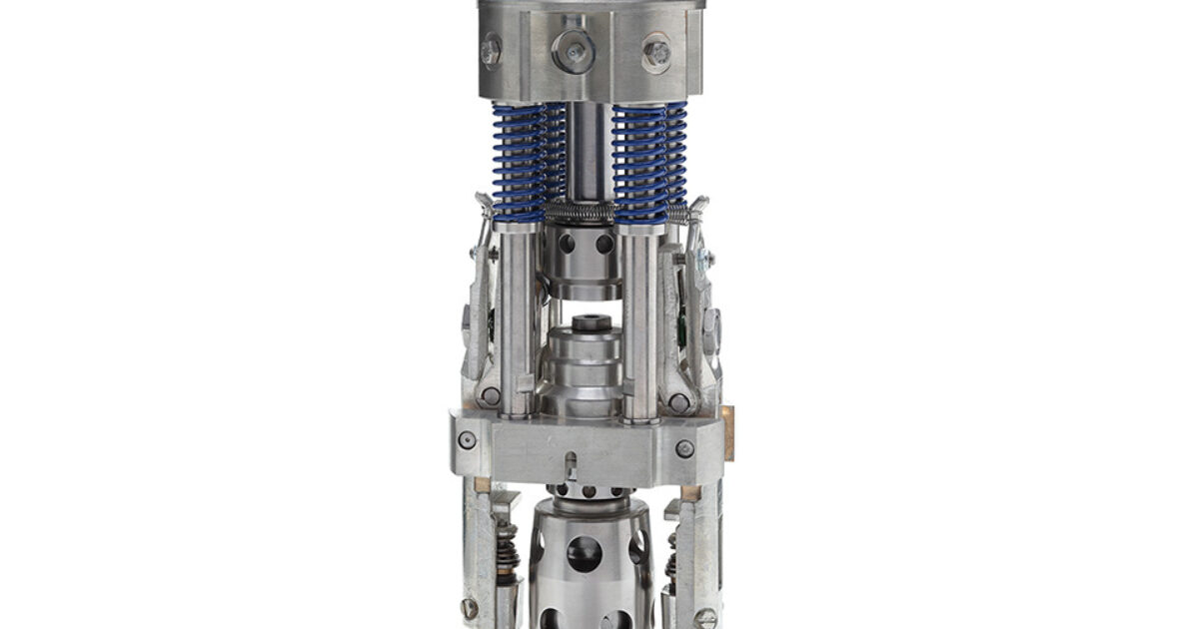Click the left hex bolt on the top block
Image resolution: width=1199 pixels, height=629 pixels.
click(x=491, y=51)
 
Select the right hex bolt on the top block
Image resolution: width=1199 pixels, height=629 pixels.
click(x=656, y=52)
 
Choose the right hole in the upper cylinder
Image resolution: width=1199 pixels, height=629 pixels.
click(x=603, y=243)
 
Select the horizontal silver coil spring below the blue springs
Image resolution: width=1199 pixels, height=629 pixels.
click(x=584, y=212)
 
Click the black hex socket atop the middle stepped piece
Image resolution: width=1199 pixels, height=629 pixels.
click(x=588, y=323)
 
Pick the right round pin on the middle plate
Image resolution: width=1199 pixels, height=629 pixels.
click(x=684, y=448)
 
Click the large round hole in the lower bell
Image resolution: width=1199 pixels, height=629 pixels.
click(x=584, y=552)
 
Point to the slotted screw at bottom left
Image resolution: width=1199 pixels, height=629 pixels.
click(x=470, y=607)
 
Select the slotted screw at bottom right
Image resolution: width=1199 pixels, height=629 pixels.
click(x=704, y=617)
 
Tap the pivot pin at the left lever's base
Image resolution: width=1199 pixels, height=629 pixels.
click(x=489, y=396)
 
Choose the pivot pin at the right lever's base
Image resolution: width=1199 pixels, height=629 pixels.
click(x=678, y=402)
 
